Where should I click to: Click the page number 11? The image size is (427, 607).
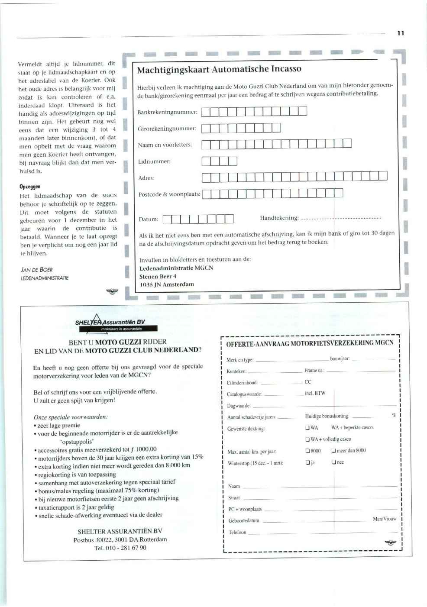[401, 33]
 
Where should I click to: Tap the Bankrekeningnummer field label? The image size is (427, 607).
[167, 112]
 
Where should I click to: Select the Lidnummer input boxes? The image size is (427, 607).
[220, 161]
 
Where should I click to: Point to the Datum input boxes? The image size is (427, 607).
[198, 219]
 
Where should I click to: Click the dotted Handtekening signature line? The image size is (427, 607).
[340, 218]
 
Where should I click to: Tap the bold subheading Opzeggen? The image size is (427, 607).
[30, 187]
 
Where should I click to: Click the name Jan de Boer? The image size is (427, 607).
[37, 269]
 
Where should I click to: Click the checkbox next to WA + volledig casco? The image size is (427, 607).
[307, 439]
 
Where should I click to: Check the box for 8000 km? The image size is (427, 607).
[307, 451]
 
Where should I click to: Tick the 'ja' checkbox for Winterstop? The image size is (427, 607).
[307, 462]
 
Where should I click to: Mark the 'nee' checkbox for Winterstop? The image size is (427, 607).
[333, 462]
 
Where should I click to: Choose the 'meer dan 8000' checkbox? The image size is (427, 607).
[333, 451]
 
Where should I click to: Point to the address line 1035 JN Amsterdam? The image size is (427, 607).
[167, 284]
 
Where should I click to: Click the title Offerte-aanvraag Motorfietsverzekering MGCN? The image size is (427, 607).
[310, 343]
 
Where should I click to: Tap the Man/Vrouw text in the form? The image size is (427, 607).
[384, 519]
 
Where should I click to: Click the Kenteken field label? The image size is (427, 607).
[236, 371]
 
